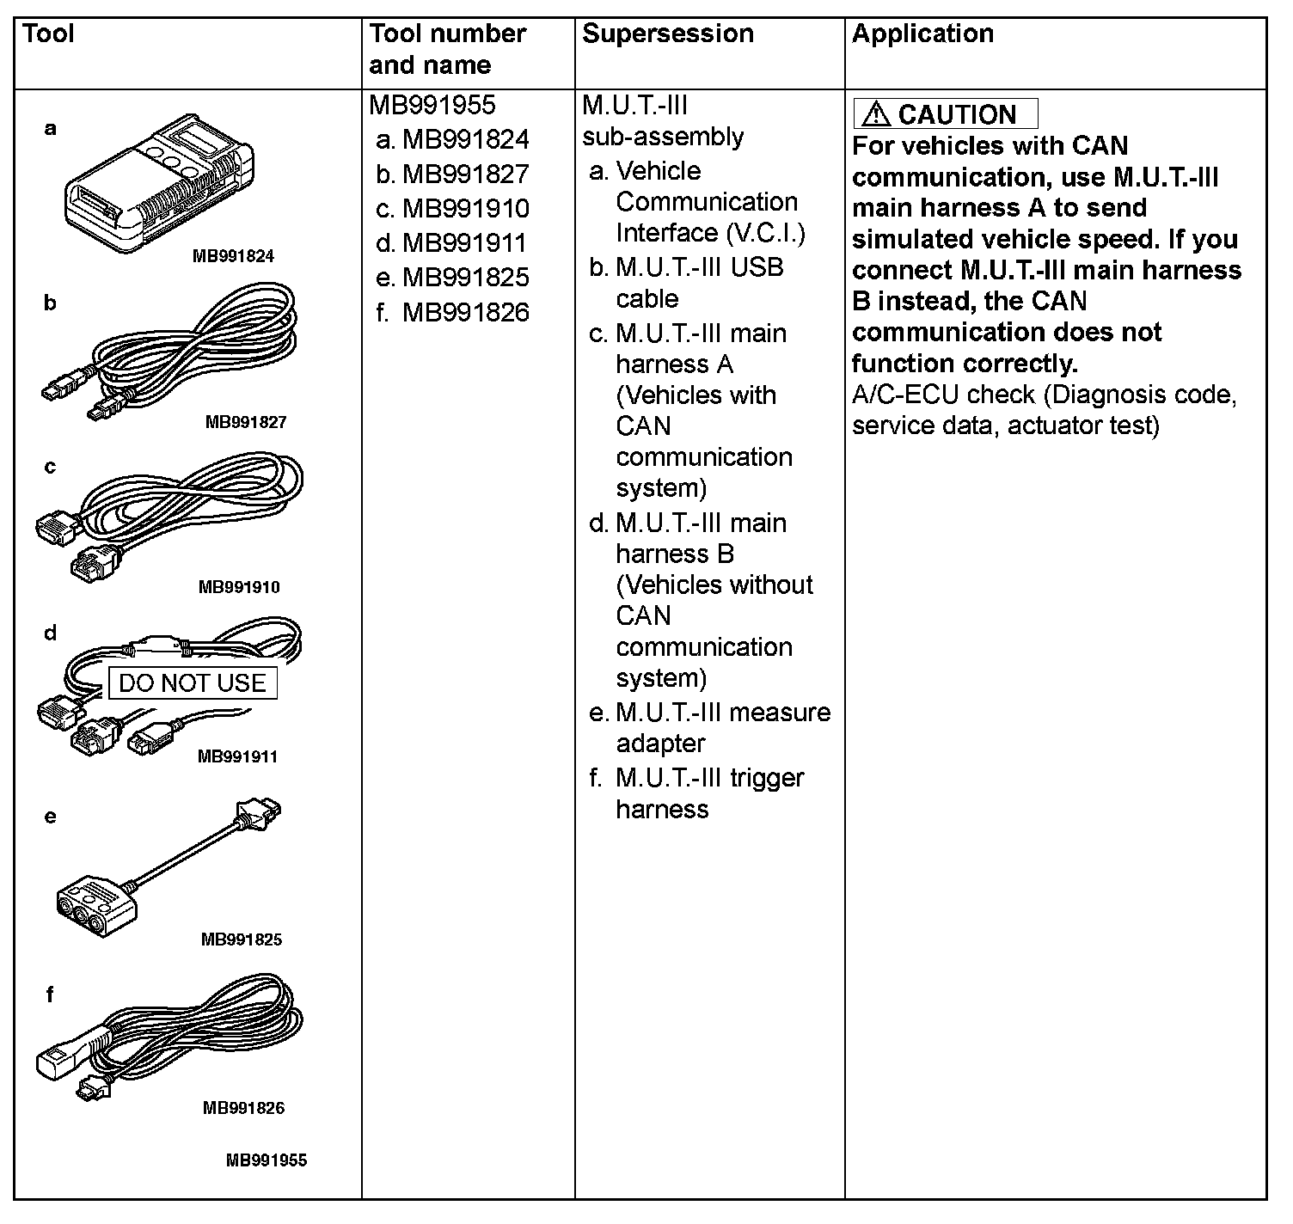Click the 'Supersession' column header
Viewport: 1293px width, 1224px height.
point(667,34)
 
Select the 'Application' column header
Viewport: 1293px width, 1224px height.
point(922,34)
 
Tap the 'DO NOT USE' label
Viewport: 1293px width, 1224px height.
point(193,683)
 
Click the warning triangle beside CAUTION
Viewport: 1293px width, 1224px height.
point(876,113)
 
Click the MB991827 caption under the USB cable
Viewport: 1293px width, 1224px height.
point(245,422)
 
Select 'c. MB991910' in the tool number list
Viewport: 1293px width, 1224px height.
point(453,209)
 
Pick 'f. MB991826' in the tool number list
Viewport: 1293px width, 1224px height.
point(453,313)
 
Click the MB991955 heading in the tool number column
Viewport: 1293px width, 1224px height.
point(432,105)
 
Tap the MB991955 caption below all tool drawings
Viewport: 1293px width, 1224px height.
point(266,1160)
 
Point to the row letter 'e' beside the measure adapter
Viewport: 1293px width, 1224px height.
point(50,817)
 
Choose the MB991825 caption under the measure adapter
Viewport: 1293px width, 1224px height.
point(242,939)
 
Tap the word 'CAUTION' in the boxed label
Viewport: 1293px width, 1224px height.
point(957,114)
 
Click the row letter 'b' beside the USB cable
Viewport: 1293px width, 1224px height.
point(50,303)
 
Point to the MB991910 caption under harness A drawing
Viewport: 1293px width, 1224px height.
point(239,587)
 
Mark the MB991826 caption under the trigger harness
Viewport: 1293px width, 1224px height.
point(243,1108)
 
